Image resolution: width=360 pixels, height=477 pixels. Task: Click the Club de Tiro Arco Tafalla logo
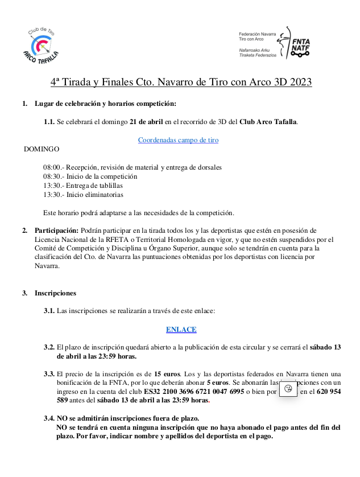42,44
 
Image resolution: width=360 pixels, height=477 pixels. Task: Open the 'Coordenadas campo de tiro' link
178,140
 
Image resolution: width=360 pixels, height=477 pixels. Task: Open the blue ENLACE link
181,330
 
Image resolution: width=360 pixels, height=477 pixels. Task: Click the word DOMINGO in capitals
42,149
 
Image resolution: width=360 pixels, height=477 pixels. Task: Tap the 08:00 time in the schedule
52,167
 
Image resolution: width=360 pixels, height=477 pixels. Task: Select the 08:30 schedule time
52,176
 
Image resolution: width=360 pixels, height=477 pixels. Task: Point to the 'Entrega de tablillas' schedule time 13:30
52,186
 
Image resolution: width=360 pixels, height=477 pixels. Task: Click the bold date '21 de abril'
146,122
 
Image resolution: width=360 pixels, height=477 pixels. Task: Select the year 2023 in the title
300,82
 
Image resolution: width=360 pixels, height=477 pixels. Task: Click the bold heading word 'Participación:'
56,231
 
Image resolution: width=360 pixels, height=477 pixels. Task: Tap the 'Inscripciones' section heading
55,293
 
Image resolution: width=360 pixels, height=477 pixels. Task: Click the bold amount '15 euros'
167,374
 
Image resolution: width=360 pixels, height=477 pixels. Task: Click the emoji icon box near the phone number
289,389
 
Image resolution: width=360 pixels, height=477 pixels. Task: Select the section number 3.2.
49,347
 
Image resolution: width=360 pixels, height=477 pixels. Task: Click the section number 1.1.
49,122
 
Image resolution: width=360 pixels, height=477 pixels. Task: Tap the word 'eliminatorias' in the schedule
104,195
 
